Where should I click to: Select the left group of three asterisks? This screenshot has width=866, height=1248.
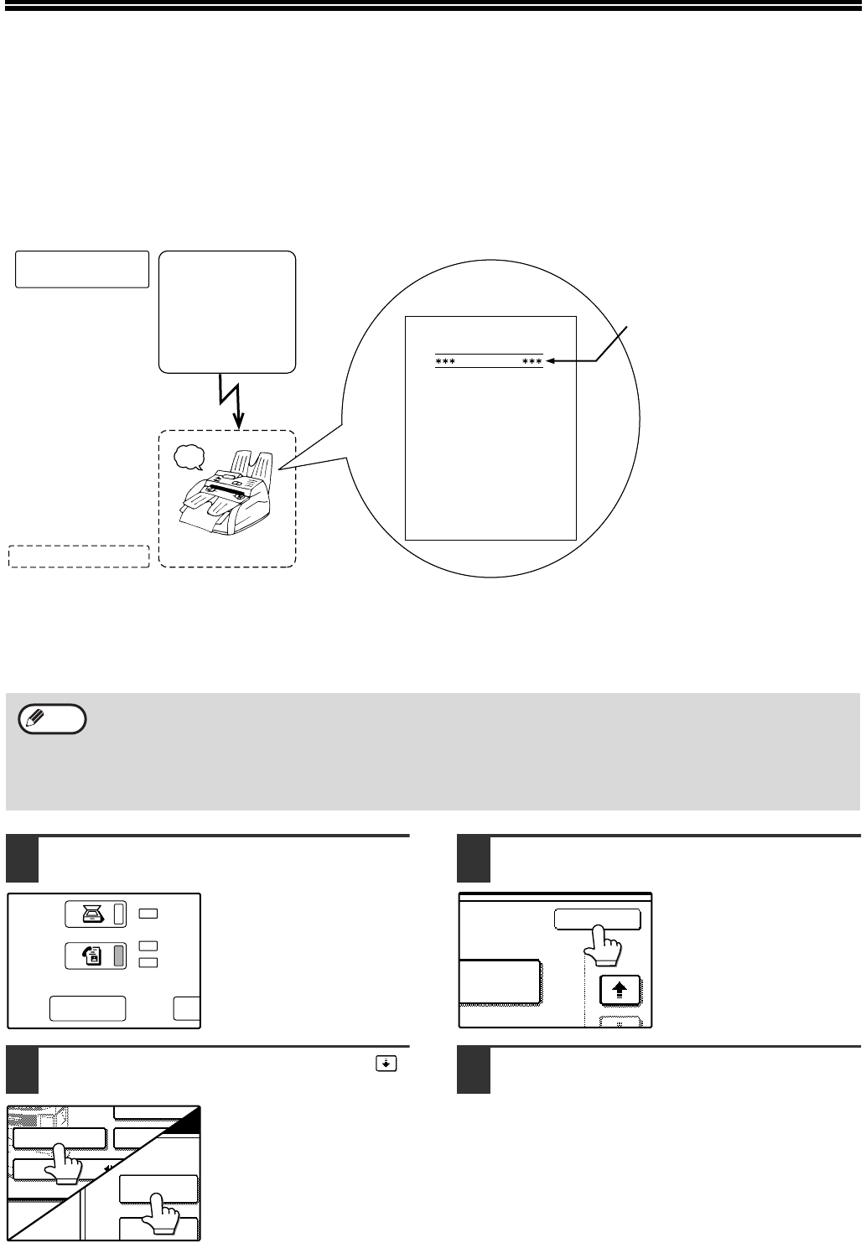pos(444,362)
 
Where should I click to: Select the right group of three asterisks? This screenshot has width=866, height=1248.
pos(532,362)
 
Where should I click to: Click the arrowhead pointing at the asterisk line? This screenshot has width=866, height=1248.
pos(551,362)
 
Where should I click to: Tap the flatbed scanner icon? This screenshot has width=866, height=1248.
pos(89,915)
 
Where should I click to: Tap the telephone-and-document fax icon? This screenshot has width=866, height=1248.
pos(89,956)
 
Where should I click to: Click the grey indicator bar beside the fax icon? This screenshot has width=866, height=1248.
pos(119,956)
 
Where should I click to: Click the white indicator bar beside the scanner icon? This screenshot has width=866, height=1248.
pos(119,915)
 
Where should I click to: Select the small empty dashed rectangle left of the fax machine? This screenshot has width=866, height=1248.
pos(78,557)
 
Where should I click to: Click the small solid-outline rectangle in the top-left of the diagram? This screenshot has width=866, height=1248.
pos(82,269)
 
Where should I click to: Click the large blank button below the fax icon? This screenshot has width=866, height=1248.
pos(87,1009)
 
